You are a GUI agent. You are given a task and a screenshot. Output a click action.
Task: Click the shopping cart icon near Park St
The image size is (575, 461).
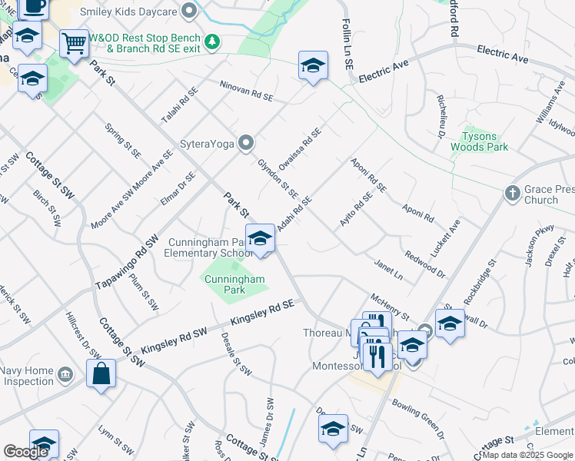tap(74, 44)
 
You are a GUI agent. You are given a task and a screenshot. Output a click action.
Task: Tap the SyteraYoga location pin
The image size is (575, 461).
tap(246, 143)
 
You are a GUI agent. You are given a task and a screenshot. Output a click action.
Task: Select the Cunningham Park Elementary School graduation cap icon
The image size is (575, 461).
tap(260, 239)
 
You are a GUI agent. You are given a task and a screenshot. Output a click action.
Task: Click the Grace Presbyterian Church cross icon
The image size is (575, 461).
tap(513, 194)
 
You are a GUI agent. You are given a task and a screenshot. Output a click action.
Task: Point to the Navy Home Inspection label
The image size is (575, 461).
tap(28, 376)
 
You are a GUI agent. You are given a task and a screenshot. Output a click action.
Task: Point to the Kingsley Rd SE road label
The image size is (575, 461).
tap(263, 312)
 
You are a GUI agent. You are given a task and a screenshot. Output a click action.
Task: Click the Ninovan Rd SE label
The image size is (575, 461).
tap(246, 92)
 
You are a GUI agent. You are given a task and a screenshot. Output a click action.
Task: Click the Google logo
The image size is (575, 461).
tap(25, 452)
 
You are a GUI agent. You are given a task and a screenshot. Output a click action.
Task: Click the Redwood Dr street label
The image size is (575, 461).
tap(424, 263)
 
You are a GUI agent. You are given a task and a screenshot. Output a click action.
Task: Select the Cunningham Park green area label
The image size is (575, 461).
tap(234, 284)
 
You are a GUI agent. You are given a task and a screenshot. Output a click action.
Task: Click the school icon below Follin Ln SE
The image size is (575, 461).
tap(313, 66)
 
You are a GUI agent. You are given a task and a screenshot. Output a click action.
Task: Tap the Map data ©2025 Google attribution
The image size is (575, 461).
tap(527, 455)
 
